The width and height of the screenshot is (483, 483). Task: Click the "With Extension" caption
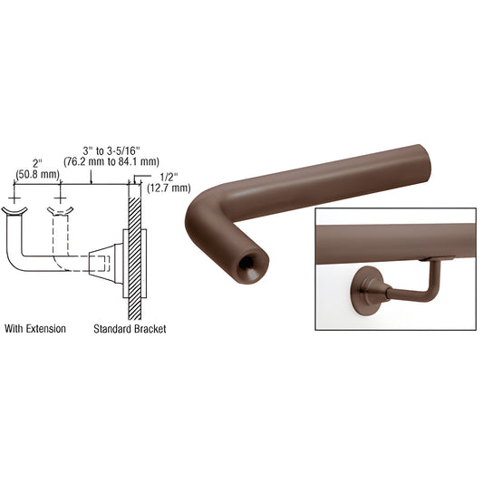35,329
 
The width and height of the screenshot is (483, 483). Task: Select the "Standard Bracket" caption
130,329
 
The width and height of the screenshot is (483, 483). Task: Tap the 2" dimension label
37,164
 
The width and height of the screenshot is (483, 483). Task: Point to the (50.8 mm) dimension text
37,175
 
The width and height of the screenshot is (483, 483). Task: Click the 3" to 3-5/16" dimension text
111,151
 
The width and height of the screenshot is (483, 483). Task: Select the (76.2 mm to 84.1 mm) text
111,161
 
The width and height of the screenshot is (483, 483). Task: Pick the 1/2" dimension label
169,177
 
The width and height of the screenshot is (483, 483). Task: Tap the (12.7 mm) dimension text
169,188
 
